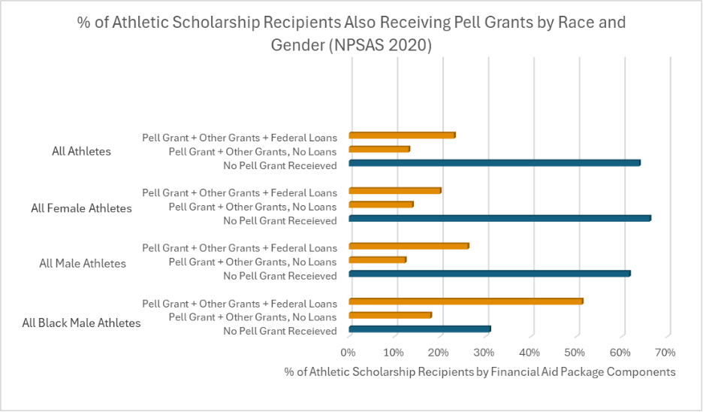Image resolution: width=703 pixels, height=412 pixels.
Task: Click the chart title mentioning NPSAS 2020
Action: click(351, 33)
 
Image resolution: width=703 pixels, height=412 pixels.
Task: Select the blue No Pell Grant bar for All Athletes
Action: click(494, 163)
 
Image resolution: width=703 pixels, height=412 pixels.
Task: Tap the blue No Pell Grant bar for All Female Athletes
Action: click(499, 218)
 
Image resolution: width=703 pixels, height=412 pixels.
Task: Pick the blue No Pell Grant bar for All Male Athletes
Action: click(489, 274)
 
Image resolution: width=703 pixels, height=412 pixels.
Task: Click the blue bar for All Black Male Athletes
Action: click(419, 329)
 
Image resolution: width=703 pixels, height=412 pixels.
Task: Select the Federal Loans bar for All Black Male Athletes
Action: click(466, 301)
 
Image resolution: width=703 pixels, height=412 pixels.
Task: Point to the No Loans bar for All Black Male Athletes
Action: click(390, 315)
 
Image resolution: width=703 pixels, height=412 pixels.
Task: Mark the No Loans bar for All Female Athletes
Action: click(381, 204)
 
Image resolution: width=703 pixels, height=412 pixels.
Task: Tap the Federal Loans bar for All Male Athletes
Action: click(409, 246)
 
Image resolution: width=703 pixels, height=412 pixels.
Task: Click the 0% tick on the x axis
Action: click(348, 352)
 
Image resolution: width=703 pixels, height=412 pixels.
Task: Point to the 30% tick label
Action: click(484, 352)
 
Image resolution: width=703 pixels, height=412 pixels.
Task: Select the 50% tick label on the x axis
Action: click(575, 352)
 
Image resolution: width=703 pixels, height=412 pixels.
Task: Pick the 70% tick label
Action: click(665, 352)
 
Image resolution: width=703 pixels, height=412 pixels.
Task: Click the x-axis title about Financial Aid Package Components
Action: click(480, 371)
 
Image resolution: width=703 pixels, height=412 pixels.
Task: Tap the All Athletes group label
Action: click(81, 151)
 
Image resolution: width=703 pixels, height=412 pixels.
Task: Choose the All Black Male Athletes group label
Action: click(81, 323)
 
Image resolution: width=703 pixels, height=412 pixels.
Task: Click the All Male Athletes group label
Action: click(83, 264)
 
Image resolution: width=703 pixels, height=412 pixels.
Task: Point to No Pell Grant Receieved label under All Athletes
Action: click(280, 165)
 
